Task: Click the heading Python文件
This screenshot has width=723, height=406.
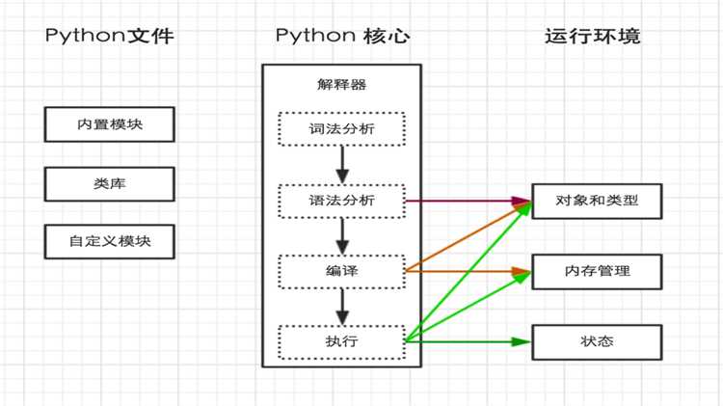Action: click(109, 37)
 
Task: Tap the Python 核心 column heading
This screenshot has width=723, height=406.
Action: click(342, 37)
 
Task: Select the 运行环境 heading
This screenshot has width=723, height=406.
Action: click(593, 37)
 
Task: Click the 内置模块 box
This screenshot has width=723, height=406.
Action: click(111, 123)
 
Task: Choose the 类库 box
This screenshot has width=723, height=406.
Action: click(111, 182)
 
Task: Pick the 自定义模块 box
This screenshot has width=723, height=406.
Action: click(111, 241)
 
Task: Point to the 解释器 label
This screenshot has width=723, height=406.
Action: click(341, 85)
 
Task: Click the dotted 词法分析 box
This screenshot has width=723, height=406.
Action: click(341, 127)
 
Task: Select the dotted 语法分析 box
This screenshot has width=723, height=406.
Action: click(341, 201)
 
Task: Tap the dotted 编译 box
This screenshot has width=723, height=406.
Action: click(341, 271)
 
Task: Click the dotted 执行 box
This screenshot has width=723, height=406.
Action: click(341, 341)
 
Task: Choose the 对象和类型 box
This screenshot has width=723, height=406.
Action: click(597, 202)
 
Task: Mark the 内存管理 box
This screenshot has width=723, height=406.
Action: click(597, 271)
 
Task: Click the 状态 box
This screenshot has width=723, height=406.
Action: click(597, 341)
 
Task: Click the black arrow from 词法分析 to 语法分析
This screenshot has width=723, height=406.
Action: click(341, 164)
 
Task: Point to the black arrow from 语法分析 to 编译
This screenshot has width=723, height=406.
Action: click(341, 236)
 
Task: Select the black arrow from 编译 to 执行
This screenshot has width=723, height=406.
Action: click(341, 307)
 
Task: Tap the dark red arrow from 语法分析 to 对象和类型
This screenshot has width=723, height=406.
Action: click(468, 202)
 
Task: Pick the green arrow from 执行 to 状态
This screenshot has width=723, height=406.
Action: click(468, 341)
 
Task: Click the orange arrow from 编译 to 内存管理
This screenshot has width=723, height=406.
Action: click(468, 271)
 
